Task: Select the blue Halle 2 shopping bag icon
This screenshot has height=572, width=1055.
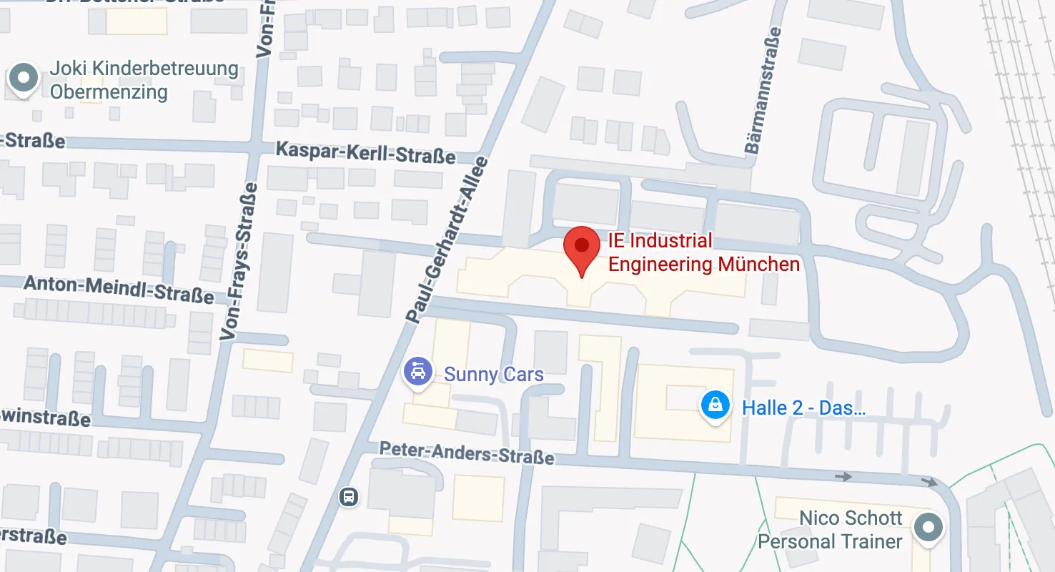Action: click(715, 406)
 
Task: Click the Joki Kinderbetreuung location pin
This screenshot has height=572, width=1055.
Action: click(24, 78)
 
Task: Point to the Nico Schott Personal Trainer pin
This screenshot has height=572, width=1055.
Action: click(928, 528)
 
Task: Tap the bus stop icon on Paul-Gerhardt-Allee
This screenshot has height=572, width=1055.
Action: click(348, 496)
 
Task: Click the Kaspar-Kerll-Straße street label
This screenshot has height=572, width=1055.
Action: click(365, 152)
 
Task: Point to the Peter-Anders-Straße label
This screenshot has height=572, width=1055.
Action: click(466, 452)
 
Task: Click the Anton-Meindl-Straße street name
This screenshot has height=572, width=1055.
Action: click(119, 289)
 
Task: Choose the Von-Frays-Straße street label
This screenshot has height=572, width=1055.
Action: click(239, 260)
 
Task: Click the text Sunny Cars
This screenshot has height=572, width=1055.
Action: click(493, 374)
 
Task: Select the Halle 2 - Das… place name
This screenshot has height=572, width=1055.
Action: click(803, 408)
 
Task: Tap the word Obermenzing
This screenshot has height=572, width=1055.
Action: click(109, 92)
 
